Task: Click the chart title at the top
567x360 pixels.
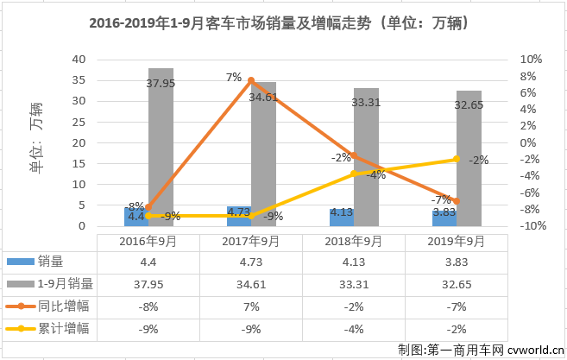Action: coord(283,24)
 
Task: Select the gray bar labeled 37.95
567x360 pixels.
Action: coord(161,147)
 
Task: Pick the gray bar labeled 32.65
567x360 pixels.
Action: coord(469,159)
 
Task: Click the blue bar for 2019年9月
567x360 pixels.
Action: coord(444,218)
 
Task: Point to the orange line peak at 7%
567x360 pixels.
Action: coord(251,80)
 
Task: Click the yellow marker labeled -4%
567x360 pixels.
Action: coord(353,174)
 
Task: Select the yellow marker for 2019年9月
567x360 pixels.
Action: coord(456,159)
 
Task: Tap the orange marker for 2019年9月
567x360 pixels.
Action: coord(456,200)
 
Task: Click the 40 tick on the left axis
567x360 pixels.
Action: coord(79,59)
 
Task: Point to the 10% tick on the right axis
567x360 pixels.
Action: coord(530,59)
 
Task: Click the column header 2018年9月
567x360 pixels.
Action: coord(353,243)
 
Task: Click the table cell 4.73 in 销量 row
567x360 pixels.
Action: coord(250,262)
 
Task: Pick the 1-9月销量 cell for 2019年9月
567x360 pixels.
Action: coord(456,283)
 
